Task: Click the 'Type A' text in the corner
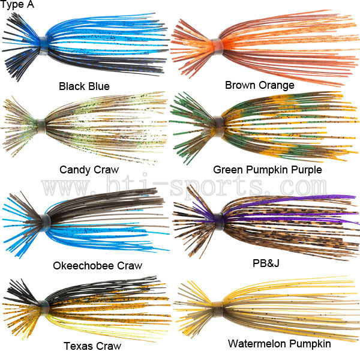click(x=17, y=4)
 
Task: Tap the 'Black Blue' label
click(x=84, y=86)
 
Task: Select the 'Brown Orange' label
click(x=259, y=85)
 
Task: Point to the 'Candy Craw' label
click(x=89, y=170)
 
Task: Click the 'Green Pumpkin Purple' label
click(x=268, y=170)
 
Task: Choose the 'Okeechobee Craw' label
click(x=98, y=266)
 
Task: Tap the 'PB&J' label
click(x=266, y=263)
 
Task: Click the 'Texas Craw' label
click(x=92, y=346)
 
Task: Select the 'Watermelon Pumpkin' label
click(x=280, y=344)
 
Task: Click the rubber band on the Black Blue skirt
click(x=43, y=46)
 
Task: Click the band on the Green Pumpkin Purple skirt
click(x=218, y=127)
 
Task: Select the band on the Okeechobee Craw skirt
click(x=46, y=222)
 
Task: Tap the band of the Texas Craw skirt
click(x=44, y=307)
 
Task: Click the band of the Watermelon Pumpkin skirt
click(x=217, y=309)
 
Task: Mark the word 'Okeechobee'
click(x=83, y=266)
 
